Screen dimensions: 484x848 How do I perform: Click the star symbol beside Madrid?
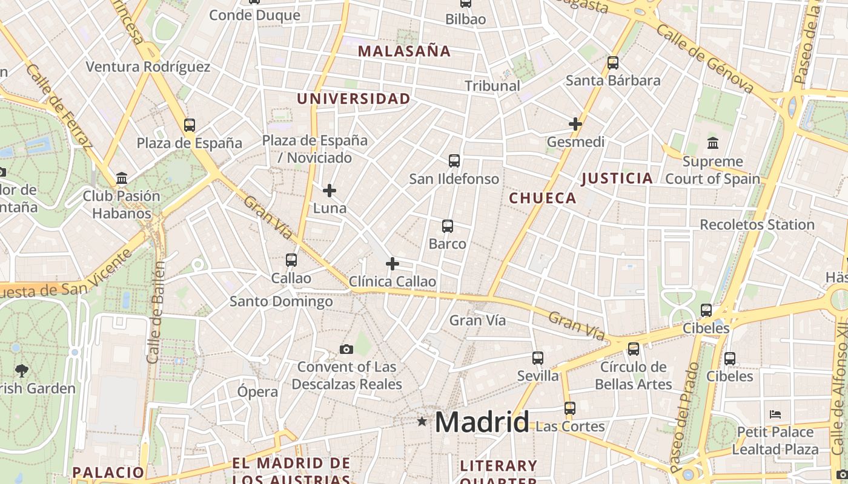(422, 421)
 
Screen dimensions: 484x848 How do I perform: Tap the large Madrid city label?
(482, 422)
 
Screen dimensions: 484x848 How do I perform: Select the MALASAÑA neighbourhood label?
(405, 51)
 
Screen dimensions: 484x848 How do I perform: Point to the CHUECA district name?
(543, 198)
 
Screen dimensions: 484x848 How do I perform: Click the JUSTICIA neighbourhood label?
(617, 178)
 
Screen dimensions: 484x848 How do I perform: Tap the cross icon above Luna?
(330, 191)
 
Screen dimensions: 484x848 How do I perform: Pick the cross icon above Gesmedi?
(575, 124)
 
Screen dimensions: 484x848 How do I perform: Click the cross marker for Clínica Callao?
(393, 264)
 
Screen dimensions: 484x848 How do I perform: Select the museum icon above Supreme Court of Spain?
(713, 143)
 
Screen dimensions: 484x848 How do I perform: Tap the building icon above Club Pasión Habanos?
(122, 178)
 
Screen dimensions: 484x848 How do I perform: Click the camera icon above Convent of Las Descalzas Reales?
(346, 349)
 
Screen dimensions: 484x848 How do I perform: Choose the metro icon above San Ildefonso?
(454, 160)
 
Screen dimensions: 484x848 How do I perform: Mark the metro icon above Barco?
(448, 226)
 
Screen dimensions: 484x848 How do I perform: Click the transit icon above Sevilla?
(538, 358)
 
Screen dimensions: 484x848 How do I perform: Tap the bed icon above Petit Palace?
(775, 414)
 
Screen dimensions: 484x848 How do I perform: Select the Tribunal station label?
(492, 86)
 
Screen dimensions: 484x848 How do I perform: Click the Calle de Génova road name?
(706, 59)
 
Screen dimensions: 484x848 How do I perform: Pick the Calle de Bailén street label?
(156, 312)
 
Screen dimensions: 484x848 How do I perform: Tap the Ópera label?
(258, 391)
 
